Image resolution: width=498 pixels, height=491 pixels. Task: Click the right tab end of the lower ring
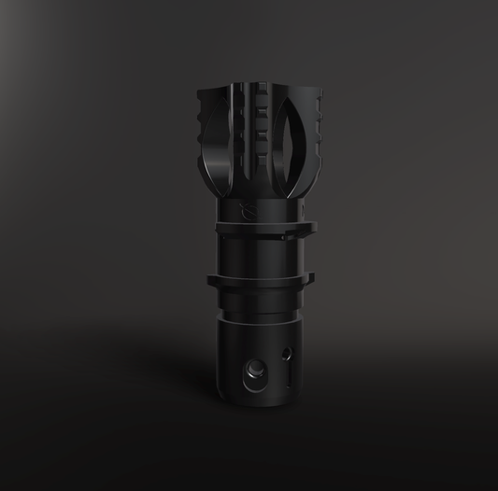(309, 276)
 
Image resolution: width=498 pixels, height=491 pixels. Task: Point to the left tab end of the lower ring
(212, 278)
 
